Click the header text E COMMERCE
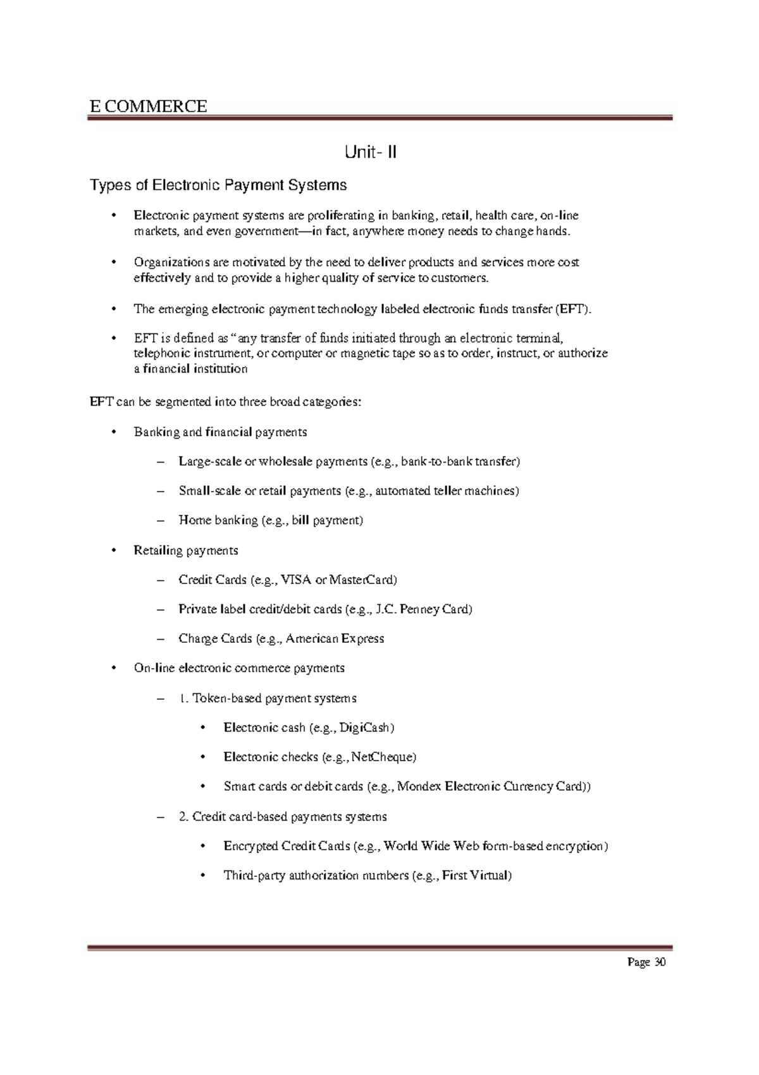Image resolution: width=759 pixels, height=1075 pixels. point(148,106)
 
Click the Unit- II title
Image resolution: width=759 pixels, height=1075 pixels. point(371,152)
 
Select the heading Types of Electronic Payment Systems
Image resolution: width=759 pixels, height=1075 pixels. point(218,185)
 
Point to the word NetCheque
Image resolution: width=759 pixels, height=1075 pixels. point(383,757)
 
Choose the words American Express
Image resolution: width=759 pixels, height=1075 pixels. point(335,638)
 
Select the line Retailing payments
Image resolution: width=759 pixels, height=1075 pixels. point(186,550)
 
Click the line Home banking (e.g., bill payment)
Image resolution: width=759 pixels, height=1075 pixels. point(271,521)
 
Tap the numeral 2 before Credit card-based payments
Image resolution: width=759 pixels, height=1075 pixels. point(182,817)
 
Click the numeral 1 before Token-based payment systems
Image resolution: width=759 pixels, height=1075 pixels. point(182,699)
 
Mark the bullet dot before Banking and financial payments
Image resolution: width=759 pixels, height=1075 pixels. point(114,432)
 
